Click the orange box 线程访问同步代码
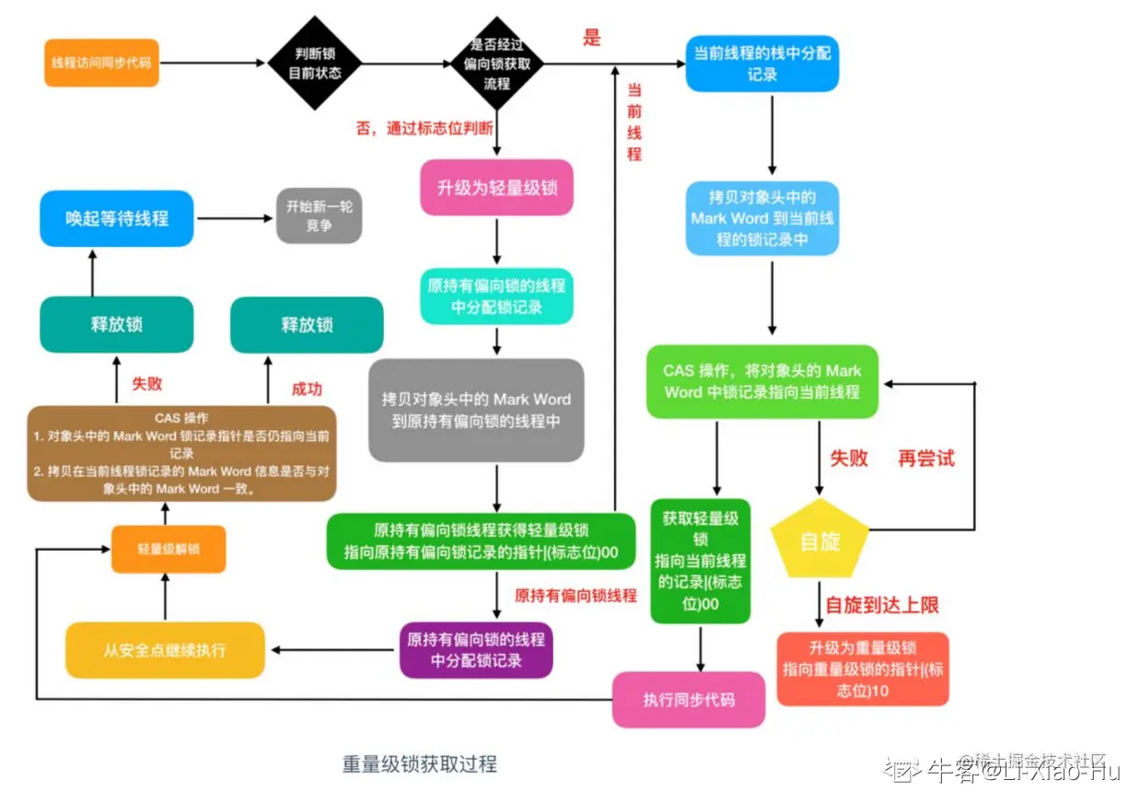click(x=101, y=63)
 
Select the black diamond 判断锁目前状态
click(x=312, y=62)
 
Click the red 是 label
click(x=591, y=38)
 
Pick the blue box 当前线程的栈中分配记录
click(x=762, y=63)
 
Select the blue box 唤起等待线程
click(x=116, y=218)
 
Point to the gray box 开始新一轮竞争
click(x=319, y=215)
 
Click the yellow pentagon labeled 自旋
click(x=819, y=541)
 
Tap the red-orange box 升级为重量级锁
click(x=862, y=669)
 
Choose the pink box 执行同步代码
click(x=689, y=700)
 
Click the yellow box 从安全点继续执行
click(x=164, y=650)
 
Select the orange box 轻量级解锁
click(x=169, y=549)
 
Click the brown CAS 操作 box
click(x=181, y=453)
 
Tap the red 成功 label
click(x=307, y=389)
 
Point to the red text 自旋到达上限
click(x=881, y=605)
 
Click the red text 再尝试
click(x=926, y=459)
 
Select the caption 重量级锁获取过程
click(x=419, y=764)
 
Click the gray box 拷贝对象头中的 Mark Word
click(x=476, y=411)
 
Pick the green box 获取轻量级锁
click(x=700, y=561)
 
